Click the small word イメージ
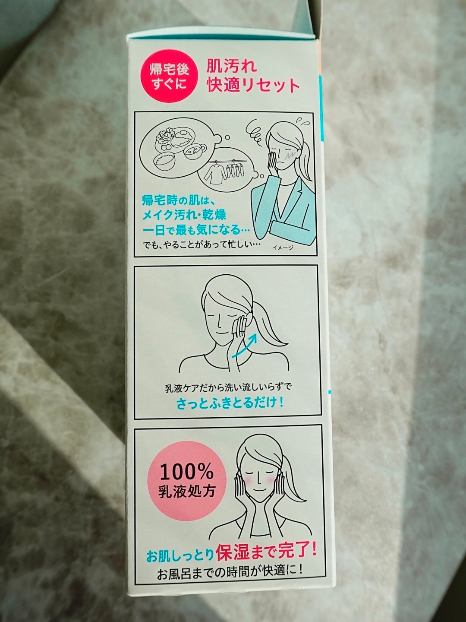[282, 248]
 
